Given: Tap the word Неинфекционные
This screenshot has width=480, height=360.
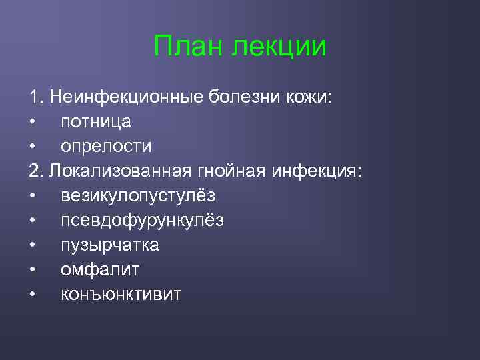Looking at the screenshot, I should click(125, 97).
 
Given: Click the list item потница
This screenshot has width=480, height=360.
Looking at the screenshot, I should click(95, 122).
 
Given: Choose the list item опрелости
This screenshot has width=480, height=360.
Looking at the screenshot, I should click(106, 147).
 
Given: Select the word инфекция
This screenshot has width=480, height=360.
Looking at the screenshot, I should click(317, 171).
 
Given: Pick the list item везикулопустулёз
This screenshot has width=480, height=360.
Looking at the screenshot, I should click(138, 196).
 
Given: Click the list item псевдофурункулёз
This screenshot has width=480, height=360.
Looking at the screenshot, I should click(142, 221).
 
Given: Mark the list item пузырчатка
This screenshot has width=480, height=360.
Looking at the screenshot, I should click(109, 245).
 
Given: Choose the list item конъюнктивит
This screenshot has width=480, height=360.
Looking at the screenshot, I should click(121, 295).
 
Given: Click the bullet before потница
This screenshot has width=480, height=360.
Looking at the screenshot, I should click(32, 123).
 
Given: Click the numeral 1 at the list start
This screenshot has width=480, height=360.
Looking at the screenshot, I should click(33, 97).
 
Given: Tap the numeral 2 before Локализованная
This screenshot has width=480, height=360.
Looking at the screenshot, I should click(33, 171).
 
